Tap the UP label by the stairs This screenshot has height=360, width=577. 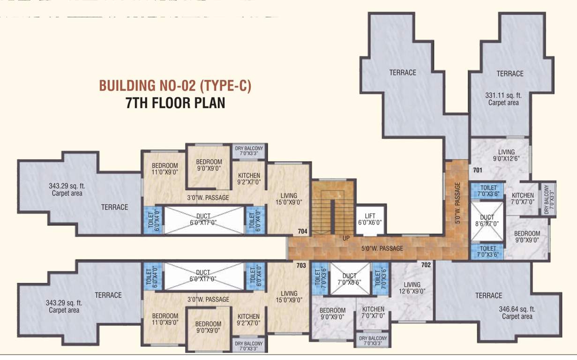click(x=346, y=238)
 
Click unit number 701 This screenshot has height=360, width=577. click(x=477, y=170)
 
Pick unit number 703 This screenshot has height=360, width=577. click(x=301, y=266)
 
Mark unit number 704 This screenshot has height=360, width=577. click(x=303, y=231)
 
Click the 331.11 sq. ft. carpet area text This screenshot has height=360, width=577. click(x=503, y=98)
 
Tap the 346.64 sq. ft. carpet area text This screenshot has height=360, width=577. click(x=517, y=313)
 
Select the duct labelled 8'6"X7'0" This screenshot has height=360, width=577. click(x=487, y=220)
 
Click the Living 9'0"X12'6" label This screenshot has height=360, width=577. click(x=507, y=155)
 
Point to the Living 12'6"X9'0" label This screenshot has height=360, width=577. click(x=412, y=288)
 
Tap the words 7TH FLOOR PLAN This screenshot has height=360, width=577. click(x=175, y=103)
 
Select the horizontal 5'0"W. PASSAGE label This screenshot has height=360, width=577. click(x=382, y=248)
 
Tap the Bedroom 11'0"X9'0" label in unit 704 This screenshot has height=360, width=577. click(x=165, y=169)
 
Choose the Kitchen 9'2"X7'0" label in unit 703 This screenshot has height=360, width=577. click(x=248, y=320)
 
